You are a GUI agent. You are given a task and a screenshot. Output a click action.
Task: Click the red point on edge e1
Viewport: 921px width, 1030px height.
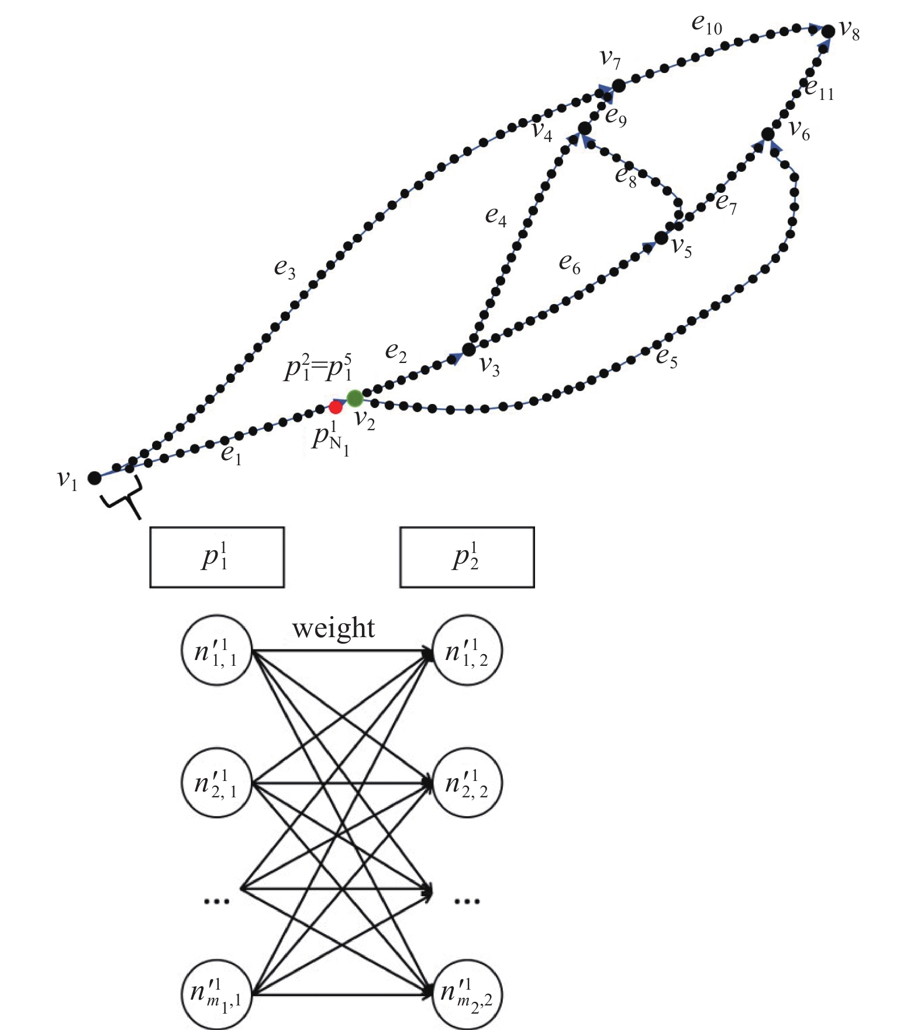(x=336, y=407)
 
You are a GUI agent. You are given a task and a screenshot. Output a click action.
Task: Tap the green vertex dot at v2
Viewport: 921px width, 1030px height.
(x=354, y=399)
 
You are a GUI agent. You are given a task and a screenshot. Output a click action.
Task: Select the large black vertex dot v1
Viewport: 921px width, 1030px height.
(x=94, y=478)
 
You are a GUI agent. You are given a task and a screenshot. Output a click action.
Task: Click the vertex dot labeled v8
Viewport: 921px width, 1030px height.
(x=828, y=32)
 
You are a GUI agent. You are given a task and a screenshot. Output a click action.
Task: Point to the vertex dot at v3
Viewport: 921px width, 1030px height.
(x=469, y=350)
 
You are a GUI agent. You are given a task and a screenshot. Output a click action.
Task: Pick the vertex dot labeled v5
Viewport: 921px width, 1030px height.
(x=661, y=238)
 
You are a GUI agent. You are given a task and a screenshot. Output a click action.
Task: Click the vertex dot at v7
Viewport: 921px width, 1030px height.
(x=618, y=86)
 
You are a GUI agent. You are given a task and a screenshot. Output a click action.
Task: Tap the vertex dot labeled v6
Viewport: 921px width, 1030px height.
(x=768, y=134)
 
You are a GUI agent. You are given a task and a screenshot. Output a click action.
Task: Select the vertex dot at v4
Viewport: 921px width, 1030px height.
(x=584, y=128)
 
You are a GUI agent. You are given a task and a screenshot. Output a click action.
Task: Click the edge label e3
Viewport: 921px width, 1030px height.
(x=285, y=269)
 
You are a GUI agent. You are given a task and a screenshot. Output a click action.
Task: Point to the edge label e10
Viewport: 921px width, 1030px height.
(x=706, y=25)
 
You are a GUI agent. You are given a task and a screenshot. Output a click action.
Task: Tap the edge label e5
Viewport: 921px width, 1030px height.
(x=666, y=357)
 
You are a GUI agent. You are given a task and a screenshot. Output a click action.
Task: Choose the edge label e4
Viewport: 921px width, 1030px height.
(x=495, y=216)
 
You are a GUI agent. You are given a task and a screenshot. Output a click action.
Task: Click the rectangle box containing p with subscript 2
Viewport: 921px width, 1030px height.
(x=467, y=557)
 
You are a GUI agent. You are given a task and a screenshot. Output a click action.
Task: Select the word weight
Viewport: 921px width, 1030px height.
(x=333, y=628)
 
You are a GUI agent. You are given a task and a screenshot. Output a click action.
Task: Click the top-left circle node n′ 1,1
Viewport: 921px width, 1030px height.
(x=216, y=650)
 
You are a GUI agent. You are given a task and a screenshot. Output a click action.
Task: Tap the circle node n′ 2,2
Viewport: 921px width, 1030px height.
(x=467, y=783)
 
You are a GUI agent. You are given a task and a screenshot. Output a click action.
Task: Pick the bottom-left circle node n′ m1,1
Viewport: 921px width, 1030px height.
(x=216, y=994)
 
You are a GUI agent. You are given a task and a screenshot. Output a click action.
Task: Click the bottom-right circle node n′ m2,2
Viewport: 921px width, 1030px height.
(x=467, y=994)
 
